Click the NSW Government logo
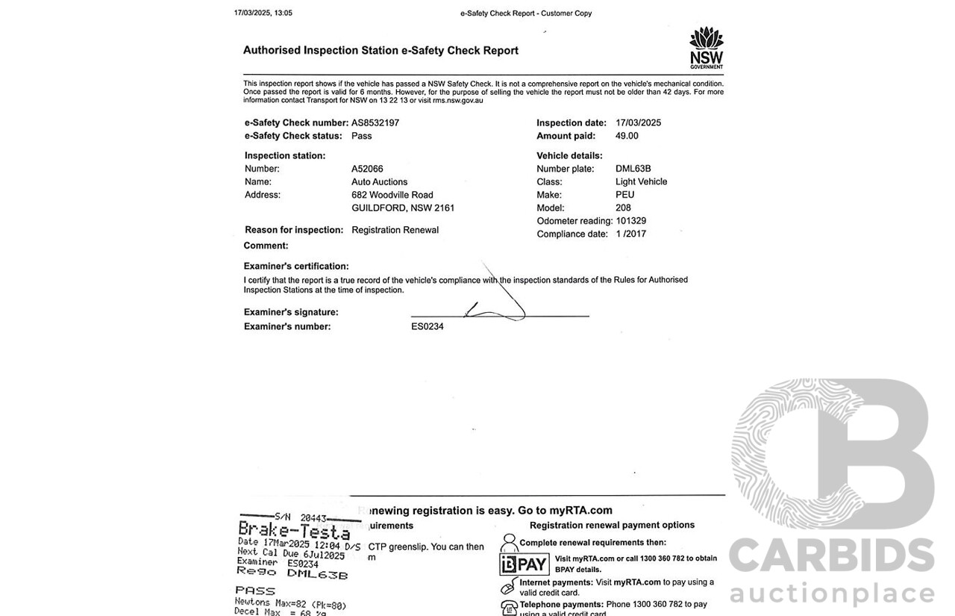pos(706,48)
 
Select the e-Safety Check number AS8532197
pos(375,122)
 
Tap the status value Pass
pos(361,136)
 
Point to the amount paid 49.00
pos(627,136)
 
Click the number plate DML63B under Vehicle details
pos(633,169)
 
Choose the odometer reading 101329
pos(630,221)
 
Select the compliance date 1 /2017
pos(630,234)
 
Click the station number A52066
pos(367,169)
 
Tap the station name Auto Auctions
pos(379,181)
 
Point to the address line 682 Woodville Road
pos(392,195)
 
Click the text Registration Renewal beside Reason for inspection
pos(395,230)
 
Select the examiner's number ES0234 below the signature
pos(427,326)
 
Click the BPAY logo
pos(524,564)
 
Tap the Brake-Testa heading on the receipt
pos(293,532)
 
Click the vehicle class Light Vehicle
pos(641,181)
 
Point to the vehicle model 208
pos(623,208)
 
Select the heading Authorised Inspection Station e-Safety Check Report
pos(381,51)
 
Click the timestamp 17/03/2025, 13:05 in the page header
pos(263,13)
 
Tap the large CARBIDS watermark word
pos(831,557)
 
